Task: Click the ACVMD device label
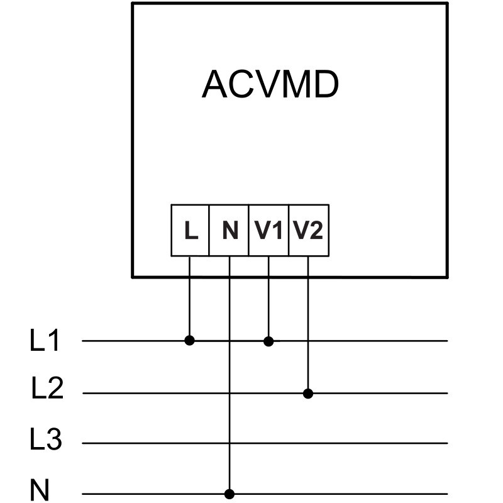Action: (x=270, y=85)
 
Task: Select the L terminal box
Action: (x=190, y=231)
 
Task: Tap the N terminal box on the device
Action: (x=229, y=231)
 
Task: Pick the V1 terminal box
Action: (x=268, y=231)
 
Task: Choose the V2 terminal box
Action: (x=308, y=231)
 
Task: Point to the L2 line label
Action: (x=47, y=390)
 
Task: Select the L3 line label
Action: (x=46, y=439)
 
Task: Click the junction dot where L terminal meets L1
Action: (x=190, y=341)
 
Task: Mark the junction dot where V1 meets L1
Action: (x=268, y=341)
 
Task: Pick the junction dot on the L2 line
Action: (x=308, y=394)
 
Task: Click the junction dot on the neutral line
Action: (x=229, y=494)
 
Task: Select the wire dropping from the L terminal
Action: (x=190, y=299)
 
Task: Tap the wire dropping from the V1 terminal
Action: (x=268, y=299)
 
